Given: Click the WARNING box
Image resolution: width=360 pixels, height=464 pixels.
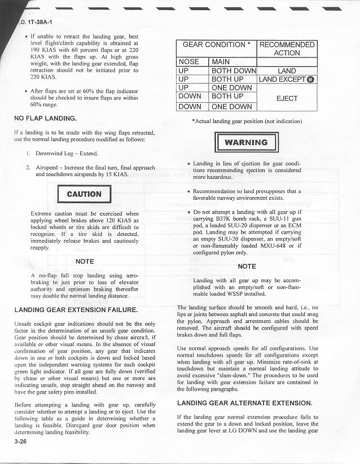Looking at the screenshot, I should click(x=247, y=142).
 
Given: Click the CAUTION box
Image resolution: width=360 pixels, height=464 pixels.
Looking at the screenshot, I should click(x=84, y=194).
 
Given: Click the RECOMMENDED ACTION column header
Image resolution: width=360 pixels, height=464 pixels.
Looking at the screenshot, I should click(x=287, y=49).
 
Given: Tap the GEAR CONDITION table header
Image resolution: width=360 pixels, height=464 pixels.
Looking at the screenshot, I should click(x=217, y=45).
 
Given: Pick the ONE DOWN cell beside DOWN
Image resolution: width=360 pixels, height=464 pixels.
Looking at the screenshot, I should click(x=232, y=107).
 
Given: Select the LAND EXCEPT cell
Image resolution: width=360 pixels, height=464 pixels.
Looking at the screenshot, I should click(x=287, y=80).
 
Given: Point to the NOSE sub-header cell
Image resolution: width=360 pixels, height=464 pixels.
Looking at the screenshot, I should click(x=192, y=62).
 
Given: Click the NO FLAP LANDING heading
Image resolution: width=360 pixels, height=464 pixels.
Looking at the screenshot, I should click(x=45, y=119).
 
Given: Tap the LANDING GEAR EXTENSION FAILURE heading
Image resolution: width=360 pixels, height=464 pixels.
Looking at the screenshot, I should click(x=76, y=310).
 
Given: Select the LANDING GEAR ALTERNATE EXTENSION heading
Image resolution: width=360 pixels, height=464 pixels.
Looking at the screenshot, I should click(x=244, y=403).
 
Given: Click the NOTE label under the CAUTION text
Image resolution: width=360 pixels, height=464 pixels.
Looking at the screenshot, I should click(x=84, y=261).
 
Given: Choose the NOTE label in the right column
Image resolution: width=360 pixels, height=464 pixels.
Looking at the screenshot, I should click(x=247, y=266).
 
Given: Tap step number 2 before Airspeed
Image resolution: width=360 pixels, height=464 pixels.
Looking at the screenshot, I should click(x=28, y=168).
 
